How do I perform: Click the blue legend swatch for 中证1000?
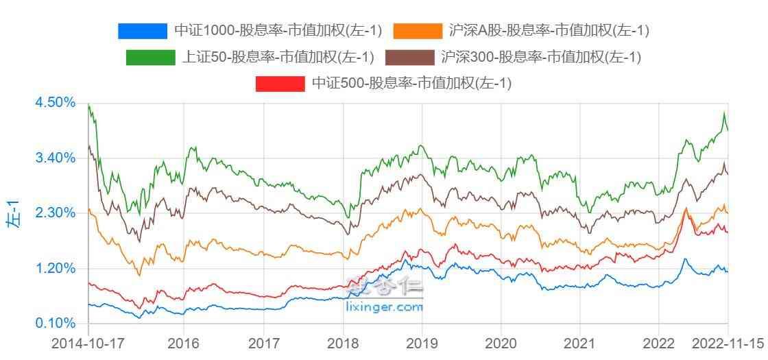pos(143,31)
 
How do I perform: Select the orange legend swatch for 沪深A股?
pos(418,31)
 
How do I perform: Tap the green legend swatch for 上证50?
pos(150,58)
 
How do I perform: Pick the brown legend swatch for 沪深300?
pos(410,58)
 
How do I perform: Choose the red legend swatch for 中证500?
pos(280,84)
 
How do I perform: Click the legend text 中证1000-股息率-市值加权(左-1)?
pos(278,31)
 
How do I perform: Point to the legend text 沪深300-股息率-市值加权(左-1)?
pos(541,58)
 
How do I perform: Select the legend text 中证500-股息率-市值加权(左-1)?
pos(411,84)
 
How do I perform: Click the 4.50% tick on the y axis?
pos(54,102)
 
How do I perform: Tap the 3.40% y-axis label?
pos(54,158)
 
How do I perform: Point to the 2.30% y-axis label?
pos(54,213)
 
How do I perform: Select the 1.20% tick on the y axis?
pos(54,268)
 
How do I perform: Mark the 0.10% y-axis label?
pos(54,323)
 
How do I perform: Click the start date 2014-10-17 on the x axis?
pos(88,344)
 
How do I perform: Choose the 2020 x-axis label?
pos(501,344)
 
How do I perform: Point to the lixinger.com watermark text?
pos(385,308)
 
